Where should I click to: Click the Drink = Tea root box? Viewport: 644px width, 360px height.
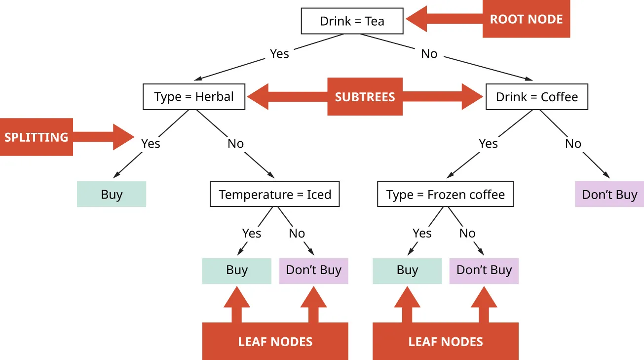352,21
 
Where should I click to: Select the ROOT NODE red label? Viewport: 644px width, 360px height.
526,20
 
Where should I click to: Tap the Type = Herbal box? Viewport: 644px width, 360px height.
194,97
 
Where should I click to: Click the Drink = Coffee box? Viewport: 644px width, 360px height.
537,97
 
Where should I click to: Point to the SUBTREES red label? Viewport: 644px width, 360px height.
365,97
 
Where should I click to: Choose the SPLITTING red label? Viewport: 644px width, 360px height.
36,137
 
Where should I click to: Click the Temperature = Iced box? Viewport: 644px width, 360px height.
275,195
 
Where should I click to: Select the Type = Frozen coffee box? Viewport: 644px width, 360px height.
446,195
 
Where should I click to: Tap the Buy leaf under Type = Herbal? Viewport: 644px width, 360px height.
112,194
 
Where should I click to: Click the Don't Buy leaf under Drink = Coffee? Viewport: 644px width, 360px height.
609,194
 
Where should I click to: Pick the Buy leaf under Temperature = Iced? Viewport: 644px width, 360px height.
236,271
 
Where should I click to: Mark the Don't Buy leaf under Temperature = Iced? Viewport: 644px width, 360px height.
313,271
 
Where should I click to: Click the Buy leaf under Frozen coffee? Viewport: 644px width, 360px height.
407,271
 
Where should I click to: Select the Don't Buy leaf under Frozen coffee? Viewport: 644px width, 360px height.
484,271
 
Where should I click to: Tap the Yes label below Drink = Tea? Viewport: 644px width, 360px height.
279,53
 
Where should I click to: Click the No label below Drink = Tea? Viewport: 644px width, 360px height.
429,54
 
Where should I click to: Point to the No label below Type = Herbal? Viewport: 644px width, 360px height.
235,144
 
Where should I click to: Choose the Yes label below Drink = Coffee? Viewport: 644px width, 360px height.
488,144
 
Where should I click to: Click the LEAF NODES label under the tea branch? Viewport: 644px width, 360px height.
275,342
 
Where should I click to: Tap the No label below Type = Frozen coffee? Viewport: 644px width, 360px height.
467,233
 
